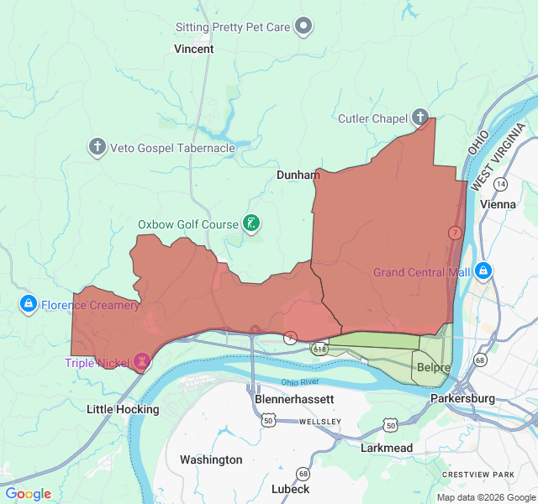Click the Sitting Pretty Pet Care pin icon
(305, 27)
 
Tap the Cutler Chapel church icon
(419, 118)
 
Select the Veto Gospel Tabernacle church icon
(98, 148)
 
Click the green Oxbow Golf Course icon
(251, 223)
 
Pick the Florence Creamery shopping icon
(28, 303)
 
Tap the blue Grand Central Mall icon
(483, 271)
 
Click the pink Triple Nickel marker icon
(141, 362)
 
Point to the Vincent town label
(193, 49)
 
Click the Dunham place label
(298, 175)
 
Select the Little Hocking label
(123, 409)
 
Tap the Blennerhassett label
(294, 400)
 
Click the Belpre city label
(434, 368)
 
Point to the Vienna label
(498, 204)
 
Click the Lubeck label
(290, 489)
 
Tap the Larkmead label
(387, 448)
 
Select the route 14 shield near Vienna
(501, 183)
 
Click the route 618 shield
(319, 347)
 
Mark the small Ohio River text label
(300, 382)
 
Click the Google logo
(29, 494)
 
